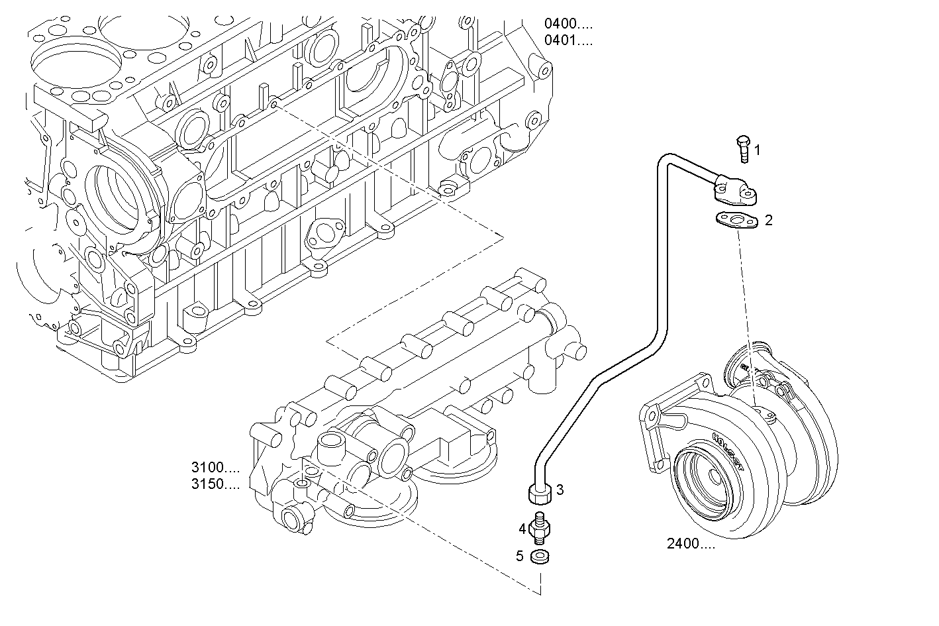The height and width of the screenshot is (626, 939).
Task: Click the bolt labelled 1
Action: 743,148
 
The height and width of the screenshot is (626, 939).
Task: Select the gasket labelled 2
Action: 736,221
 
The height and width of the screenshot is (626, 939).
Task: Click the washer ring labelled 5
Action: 540,556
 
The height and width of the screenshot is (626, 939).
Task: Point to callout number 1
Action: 758,150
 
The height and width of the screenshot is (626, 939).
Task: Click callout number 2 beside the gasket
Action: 768,221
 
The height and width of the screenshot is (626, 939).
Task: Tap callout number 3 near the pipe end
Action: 560,490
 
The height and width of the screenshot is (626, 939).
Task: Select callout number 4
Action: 522,529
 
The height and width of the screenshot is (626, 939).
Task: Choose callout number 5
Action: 520,556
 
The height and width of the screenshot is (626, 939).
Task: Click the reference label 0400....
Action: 568,25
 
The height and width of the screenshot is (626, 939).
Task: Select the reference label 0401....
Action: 568,41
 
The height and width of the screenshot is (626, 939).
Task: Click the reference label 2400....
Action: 691,545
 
